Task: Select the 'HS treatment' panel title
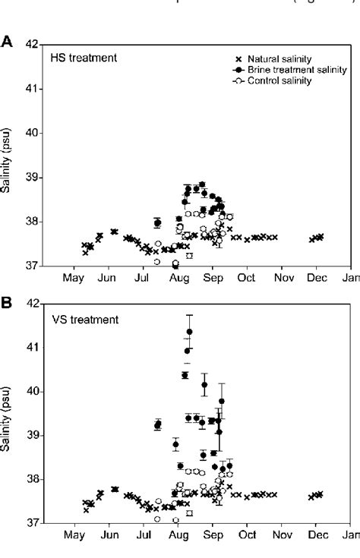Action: pyautogui.click(x=79, y=58)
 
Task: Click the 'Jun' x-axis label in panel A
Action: pyautogui.click(x=107, y=277)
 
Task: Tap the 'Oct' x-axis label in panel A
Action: pyautogui.click(x=246, y=277)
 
